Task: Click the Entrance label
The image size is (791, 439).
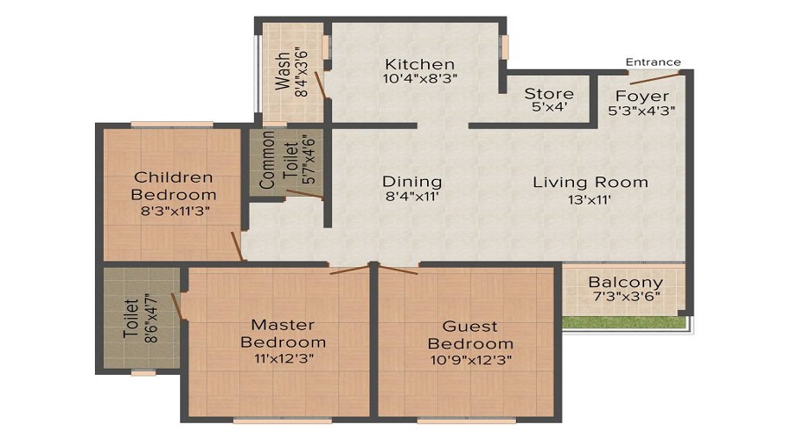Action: coord(653,62)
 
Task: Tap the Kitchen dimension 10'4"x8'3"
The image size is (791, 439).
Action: coord(420,79)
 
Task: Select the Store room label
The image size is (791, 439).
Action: coord(548,94)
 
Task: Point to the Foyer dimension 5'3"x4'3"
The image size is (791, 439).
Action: coord(642,111)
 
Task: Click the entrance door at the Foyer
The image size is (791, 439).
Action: coord(656,78)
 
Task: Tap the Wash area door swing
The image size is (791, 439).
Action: coord(320,84)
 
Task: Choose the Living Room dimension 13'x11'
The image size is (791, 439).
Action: coord(589,199)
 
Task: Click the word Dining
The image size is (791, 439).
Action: coord(412,182)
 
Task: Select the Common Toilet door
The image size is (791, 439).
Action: coord(305,194)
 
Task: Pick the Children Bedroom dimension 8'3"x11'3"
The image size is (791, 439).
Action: coord(175,211)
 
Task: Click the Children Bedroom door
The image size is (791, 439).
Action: coord(237,247)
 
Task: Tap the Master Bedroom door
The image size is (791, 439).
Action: coord(350,270)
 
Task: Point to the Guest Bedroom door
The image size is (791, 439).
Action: coord(397,270)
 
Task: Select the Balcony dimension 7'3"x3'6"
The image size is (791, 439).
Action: coord(626,297)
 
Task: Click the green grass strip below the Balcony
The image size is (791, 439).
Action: coord(623,322)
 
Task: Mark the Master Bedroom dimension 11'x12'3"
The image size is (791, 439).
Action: coord(284,358)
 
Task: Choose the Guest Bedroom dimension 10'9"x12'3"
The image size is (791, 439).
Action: coord(471,360)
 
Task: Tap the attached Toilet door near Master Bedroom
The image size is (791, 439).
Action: coord(177,306)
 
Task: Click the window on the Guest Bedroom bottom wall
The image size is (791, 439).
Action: coord(467,421)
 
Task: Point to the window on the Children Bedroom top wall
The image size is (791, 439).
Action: coord(172,125)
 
